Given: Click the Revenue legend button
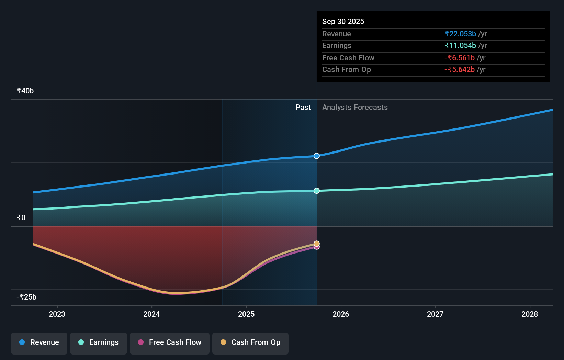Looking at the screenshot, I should click(x=39, y=343).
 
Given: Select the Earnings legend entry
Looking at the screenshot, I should click(x=99, y=343).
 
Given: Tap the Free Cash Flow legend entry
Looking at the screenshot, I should click(x=170, y=343).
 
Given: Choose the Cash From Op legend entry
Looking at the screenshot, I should click(x=250, y=343).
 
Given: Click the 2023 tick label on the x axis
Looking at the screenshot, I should click(x=57, y=314).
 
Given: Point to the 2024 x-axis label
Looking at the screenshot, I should click(x=151, y=314).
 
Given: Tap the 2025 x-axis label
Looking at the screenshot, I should click(x=246, y=314).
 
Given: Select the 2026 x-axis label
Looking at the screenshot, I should click(x=341, y=314).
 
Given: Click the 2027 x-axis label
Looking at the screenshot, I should click(x=435, y=314).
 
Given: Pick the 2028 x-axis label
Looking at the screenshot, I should click(x=530, y=314).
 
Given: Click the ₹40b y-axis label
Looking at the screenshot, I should click(x=25, y=91).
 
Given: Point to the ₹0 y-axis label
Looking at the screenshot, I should click(x=21, y=218).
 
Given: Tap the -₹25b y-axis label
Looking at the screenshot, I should click(x=26, y=297).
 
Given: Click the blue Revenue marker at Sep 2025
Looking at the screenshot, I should click(x=317, y=156).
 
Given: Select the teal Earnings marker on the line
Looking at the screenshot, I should click(x=317, y=191).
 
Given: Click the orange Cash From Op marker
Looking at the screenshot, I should click(x=317, y=243).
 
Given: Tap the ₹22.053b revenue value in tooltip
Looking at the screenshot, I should click(x=460, y=34).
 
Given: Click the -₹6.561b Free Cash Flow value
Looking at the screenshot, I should click(x=459, y=58).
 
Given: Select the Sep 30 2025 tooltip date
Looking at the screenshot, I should click(x=343, y=22).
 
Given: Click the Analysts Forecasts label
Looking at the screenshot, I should click(x=355, y=108).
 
